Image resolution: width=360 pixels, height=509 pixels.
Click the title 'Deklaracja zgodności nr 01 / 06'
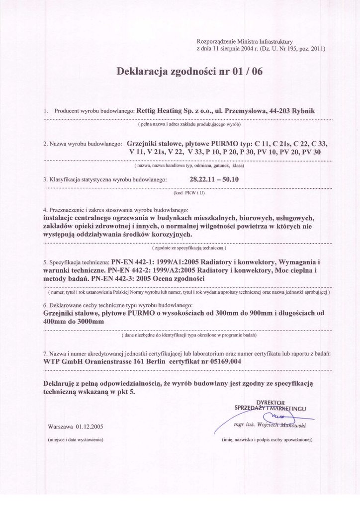click(189, 72)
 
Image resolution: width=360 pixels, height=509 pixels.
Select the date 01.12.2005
click(90, 426)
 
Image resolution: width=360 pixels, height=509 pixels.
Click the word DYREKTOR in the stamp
click(270, 402)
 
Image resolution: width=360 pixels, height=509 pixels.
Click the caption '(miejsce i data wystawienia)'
click(75, 440)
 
